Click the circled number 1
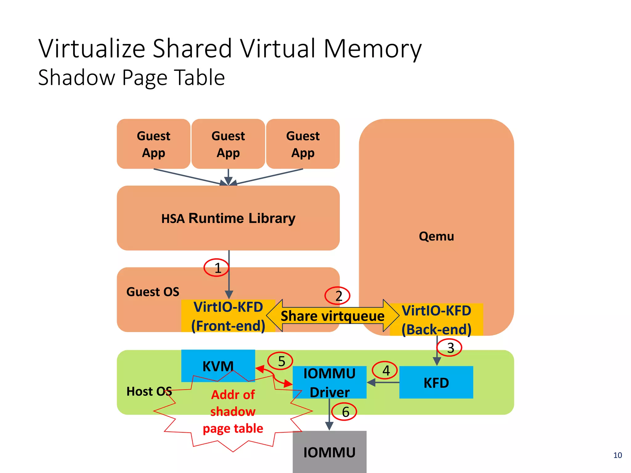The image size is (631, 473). (217, 268)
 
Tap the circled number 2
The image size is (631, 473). (337, 296)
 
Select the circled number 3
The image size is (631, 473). (450, 348)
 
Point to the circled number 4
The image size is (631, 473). (385, 370)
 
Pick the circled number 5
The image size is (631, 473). (280, 361)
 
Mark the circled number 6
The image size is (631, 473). (344, 412)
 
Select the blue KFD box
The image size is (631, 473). (436, 382)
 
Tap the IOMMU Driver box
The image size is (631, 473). (329, 382)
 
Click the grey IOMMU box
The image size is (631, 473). (329, 452)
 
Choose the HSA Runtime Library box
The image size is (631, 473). (228, 218)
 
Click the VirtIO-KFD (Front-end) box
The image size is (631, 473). (228, 316)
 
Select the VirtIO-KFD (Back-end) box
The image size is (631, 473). (436, 320)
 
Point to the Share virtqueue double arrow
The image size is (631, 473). (332, 316)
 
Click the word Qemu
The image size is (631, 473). (436, 236)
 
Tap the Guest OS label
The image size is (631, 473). (153, 292)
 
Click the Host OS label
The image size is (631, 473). (149, 391)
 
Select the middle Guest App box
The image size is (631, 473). (228, 144)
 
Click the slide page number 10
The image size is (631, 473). (617, 455)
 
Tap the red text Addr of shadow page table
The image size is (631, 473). (233, 411)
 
